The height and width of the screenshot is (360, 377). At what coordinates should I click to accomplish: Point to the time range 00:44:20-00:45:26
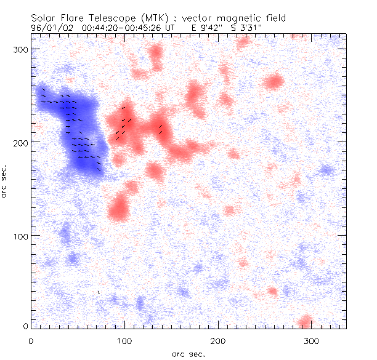[x=117, y=28]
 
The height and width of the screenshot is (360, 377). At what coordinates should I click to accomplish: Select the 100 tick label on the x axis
[x=124, y=340]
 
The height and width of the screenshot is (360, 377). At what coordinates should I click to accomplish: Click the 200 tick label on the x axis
[x=217, y=340]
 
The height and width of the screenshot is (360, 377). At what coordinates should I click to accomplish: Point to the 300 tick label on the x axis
[x=311, y=340]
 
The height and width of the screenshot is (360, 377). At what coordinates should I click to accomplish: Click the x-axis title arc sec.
[x=187, y=354]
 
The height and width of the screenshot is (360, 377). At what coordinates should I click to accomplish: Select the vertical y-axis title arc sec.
[x=6, y=182]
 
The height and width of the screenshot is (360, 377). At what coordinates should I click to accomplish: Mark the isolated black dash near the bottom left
[x=99, y=292]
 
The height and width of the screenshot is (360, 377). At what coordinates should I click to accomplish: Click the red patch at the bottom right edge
[x=305, y=322]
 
